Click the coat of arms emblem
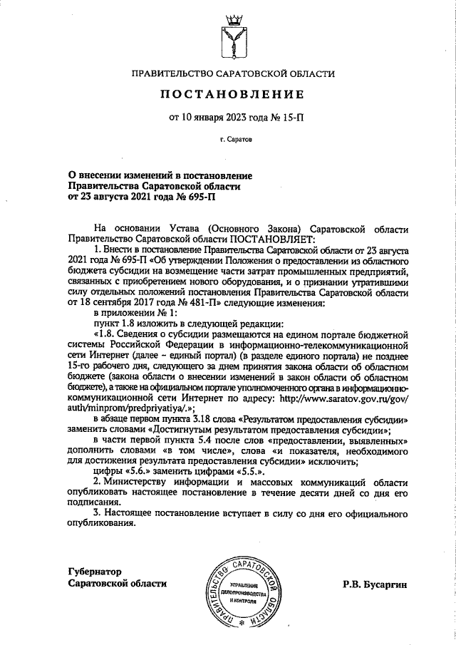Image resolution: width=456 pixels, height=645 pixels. click(229, 36)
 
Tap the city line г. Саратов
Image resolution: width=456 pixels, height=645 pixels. click(229, 140)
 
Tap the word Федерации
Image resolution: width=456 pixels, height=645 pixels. click(167, 346)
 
